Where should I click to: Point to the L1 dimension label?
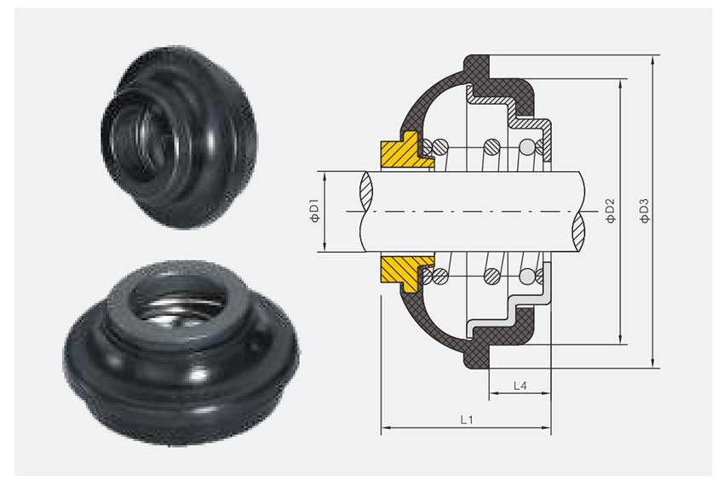coord(466,419)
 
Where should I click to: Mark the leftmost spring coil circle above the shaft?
coord(440,147)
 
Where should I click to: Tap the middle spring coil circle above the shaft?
coord(491,147)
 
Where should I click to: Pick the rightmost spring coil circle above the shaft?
coord(529,147)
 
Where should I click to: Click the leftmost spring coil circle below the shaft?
coord(440,276)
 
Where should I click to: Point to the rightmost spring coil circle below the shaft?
coord(529,276)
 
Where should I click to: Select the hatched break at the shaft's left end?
coord(366,192)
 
